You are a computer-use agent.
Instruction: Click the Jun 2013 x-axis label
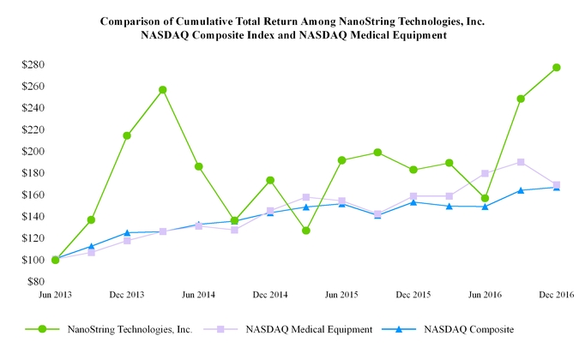coord(55,294)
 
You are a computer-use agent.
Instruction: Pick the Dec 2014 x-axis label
coord(270,294)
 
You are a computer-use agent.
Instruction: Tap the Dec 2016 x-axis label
coord(557,294)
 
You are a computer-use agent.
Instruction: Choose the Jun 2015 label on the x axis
coord(341,294)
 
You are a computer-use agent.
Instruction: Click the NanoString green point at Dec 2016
coord(557,68)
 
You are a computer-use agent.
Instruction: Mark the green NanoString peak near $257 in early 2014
coord(163,90)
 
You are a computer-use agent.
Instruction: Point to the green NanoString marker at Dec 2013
coord(127,135)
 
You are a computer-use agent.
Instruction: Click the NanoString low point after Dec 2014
coord(305,231)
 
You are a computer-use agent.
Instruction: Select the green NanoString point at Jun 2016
coord(485,198)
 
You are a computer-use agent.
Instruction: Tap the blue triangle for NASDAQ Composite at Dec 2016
coord(557,187)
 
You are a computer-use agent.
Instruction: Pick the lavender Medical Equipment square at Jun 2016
coord(485,173)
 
